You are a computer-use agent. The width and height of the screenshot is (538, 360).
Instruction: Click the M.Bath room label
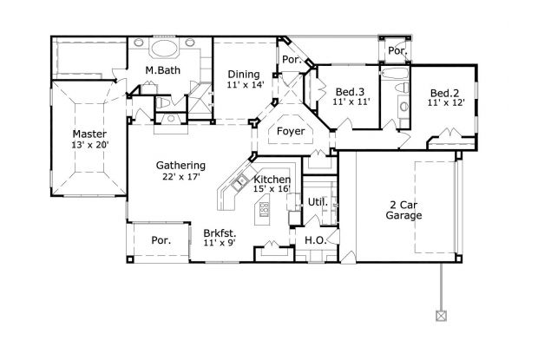pos(162,71)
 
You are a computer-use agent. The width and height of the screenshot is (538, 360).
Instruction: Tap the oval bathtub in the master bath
pos(164,49)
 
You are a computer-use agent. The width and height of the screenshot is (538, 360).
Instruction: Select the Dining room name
pos(243,75)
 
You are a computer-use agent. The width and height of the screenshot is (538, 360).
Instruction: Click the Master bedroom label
pos(89,134)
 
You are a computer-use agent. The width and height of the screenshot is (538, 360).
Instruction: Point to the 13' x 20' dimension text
pos(89,147)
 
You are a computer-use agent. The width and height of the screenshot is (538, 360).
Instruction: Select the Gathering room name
pos(180,166)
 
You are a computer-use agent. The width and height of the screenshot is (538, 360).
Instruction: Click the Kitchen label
pos(272,180)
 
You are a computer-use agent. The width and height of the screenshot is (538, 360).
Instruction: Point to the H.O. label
pos(313,239)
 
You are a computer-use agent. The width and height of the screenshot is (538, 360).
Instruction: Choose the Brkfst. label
pos(220,233)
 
